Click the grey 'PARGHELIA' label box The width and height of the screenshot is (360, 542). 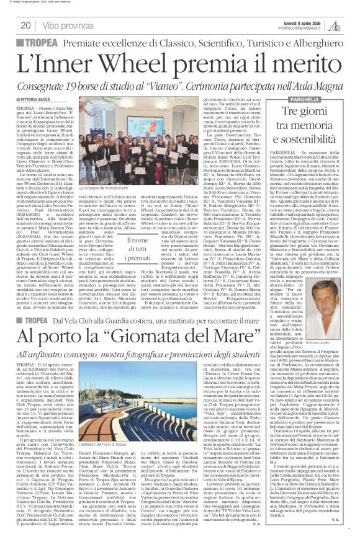click(297, 99)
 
